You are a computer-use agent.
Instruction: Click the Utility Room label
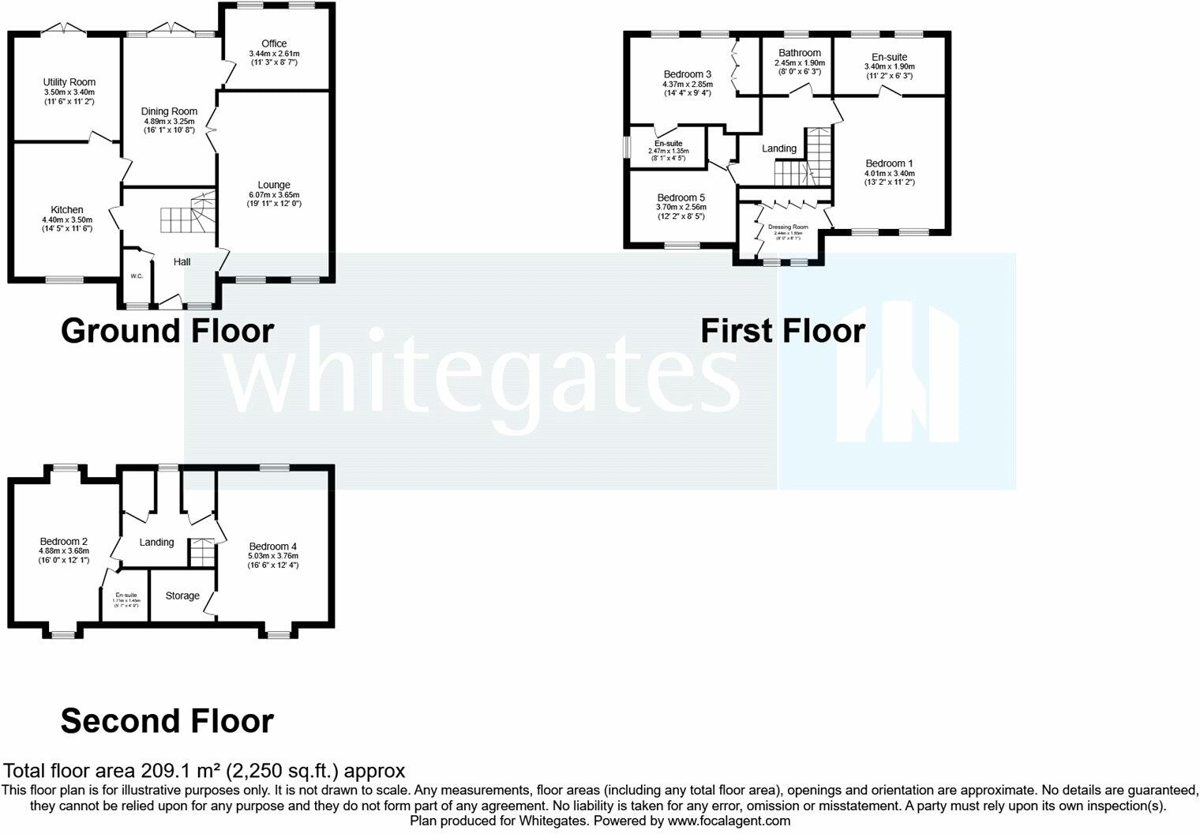[x=69, y=82]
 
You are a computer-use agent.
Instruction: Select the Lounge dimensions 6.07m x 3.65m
[x=273, y=195]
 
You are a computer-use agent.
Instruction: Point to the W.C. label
[x=137, y=276]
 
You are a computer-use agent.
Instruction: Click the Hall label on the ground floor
[x=182, y=261]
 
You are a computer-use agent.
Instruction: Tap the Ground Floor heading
[x=167, y=331]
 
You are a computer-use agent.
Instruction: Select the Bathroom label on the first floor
[x=799, y=53]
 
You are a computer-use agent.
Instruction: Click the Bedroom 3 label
[x=687, y=74]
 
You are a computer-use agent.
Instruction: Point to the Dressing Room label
[x=788, y=227]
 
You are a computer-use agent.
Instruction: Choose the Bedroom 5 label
[x=681, y=197]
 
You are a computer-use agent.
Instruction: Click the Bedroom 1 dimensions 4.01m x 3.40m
[x=889, y=174]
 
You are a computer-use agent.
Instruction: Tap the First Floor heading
[x=782, y=331]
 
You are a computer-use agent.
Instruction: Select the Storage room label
[x=182, y=595]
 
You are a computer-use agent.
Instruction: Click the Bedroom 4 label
[x=272, y=547]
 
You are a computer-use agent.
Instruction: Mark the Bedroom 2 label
[x=63, y=542]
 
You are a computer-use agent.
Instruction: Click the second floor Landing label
[x=156, y=543]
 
